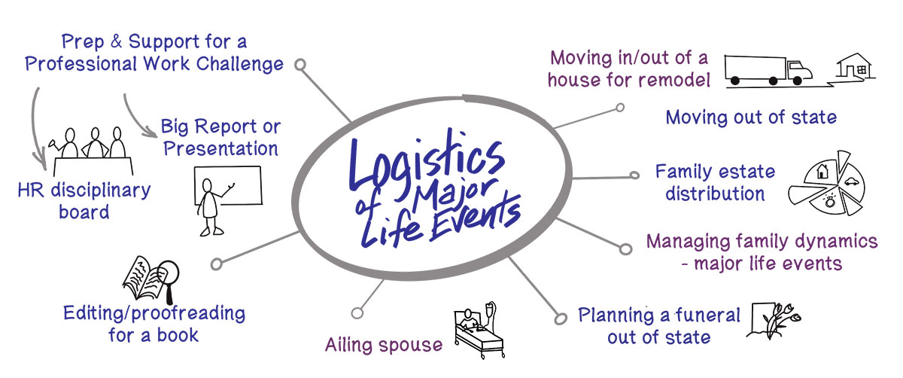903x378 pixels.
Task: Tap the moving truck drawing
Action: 768,69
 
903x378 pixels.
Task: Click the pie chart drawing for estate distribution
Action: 825,185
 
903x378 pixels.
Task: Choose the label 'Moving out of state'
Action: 751,117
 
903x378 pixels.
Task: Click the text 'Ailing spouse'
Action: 384,345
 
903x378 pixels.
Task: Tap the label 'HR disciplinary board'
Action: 84,200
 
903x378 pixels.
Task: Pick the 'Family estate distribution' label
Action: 714,182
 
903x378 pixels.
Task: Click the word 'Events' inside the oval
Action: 474,218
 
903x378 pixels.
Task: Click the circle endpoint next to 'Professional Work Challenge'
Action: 300,66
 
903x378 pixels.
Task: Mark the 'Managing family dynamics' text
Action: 762,242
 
